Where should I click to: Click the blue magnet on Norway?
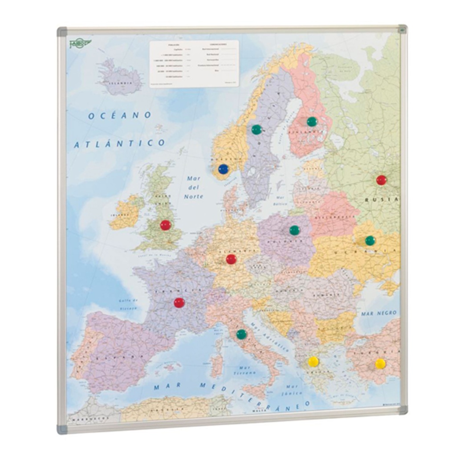point(224,169)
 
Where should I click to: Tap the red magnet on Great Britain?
point(166,225)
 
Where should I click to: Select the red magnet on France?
point(179,303)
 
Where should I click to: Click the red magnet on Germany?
point(231,259)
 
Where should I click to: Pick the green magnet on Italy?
point(241,334)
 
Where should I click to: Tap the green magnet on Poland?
point(294,230)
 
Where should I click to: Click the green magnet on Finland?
point(312,122)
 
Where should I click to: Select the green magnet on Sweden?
point(256,130)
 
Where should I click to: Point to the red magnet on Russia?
point(381,180)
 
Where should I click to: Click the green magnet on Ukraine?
point(370,240)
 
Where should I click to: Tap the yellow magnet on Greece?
point(313,361)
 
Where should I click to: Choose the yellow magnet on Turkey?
point(380,364)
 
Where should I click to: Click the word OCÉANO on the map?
point(119,115)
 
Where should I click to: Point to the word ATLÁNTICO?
point(119,144)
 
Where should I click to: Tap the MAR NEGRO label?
point(379,313)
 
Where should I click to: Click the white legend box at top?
point(194,64)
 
